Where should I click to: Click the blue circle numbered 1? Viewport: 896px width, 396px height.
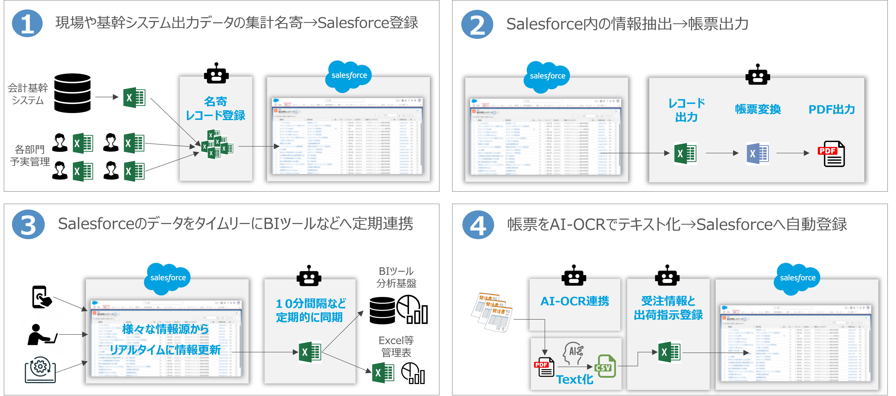pyautogui.click(x=27, y=24)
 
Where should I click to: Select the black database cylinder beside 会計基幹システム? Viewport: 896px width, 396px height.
pyautogui.click(x=72, y=93)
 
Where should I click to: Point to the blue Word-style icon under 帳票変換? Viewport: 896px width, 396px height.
pyautogui.click(x=758, y=153)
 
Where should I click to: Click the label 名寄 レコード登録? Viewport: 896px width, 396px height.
pyautogui.click(x=216, y=109)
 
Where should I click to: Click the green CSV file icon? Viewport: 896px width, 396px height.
pyautogui.click(x=605, y=366)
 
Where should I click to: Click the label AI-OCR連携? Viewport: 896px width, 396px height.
pyautogui.click(x=575, y=301)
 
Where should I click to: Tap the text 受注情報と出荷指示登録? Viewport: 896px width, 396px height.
pyautogui.click(x=668, y=308)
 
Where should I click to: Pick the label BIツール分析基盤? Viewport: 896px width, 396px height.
pyautogui.click(x=396, y=277)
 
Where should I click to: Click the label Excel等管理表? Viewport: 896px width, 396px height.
pyautogui.click(x=396, y=346)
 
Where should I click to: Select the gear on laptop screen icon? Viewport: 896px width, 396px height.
pyautogui.click(x=40, y=369)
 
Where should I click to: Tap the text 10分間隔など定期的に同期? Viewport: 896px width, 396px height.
pyautogui.click(x=310, y=310)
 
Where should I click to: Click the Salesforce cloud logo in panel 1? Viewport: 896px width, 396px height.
pyautogui.click(x=349, y=76)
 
